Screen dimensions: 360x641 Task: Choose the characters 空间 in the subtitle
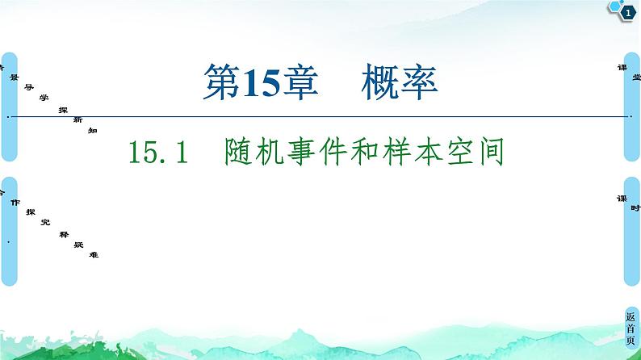pos(488,151)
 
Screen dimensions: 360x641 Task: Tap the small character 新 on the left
pos(78,119)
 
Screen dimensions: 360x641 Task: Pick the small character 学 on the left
pos(44,96)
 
